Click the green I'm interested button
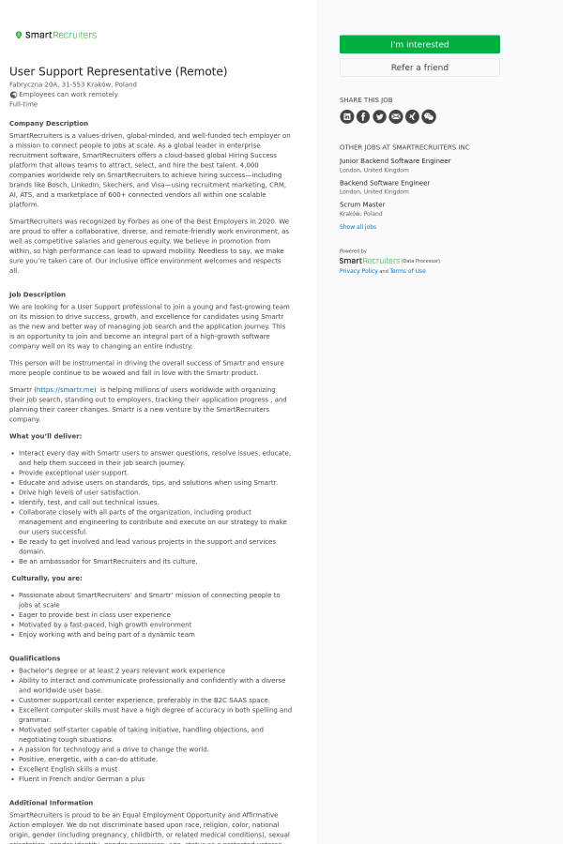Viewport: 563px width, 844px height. point(419,44)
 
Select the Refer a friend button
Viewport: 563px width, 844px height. point(419,68)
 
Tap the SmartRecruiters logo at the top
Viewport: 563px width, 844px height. point(56,35)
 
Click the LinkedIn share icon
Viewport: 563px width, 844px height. point(347,116)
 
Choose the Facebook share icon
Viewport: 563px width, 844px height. point(363,116)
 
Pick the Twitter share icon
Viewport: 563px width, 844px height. point(379,116)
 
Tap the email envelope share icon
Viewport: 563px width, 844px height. point(396,116)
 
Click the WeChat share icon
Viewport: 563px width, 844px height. point(429,116)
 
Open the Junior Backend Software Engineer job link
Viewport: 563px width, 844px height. point(394,161)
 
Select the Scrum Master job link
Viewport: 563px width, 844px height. point(362,204)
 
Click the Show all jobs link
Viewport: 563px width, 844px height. point(358,227)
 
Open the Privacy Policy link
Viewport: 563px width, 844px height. point(358,271)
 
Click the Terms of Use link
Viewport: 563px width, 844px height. point(407,271)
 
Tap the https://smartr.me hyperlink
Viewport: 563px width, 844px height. point(65,389)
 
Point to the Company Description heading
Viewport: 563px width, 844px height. point(49,124)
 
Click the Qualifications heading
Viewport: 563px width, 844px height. point(35,658)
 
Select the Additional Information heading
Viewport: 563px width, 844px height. point(51,803)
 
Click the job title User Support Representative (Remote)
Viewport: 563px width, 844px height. point(118,71)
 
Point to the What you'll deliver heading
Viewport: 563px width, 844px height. point(46,436)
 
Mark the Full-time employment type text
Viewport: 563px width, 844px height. point(23,104)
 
